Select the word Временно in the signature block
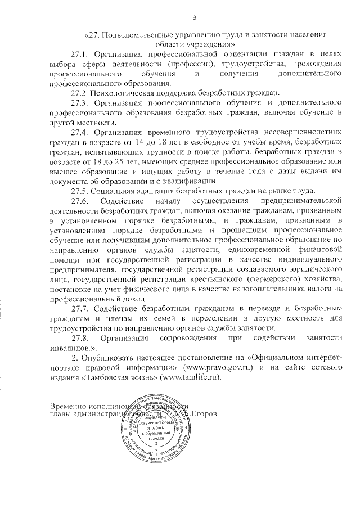pos(69,406)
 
